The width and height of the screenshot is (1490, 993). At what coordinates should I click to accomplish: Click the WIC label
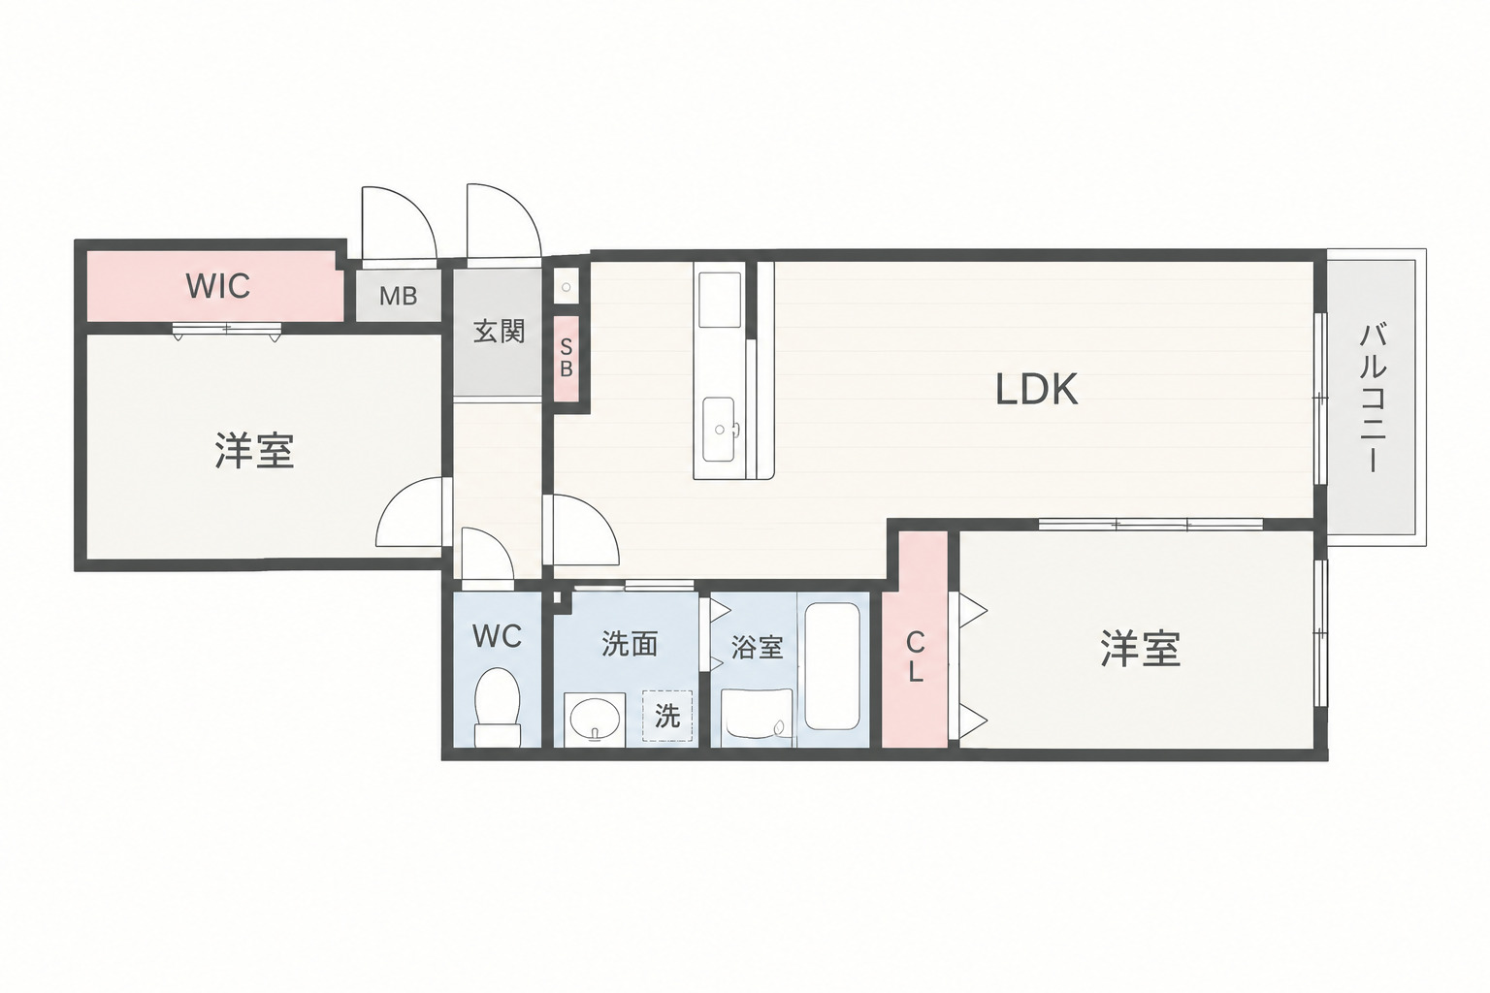click(217, 286)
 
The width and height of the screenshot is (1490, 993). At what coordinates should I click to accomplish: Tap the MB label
click(399, 296)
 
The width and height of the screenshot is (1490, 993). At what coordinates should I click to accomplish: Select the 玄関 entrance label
click(499, 332)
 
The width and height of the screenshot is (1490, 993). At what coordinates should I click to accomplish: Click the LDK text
click(1036, 390)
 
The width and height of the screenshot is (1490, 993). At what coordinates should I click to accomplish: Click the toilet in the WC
click(497, 706)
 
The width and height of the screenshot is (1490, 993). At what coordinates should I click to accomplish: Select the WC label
click(497, 636)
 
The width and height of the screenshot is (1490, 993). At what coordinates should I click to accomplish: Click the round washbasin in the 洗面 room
click(595, 719)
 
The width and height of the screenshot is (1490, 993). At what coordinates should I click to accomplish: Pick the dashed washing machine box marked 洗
click(667, 717)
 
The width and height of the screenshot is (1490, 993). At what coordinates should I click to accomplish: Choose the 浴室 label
click(757, 647)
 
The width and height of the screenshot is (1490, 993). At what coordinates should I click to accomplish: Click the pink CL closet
click(916, 638)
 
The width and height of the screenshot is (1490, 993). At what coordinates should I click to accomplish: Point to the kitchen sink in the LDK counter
click(719, 429)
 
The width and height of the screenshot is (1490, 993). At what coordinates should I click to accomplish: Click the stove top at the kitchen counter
click(720, 300)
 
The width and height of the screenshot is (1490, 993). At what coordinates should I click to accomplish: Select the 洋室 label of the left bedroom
click(254, 451)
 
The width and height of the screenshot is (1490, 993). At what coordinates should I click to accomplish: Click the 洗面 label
click(630, 645)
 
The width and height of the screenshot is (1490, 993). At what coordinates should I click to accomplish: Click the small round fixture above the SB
click(567, 287)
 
